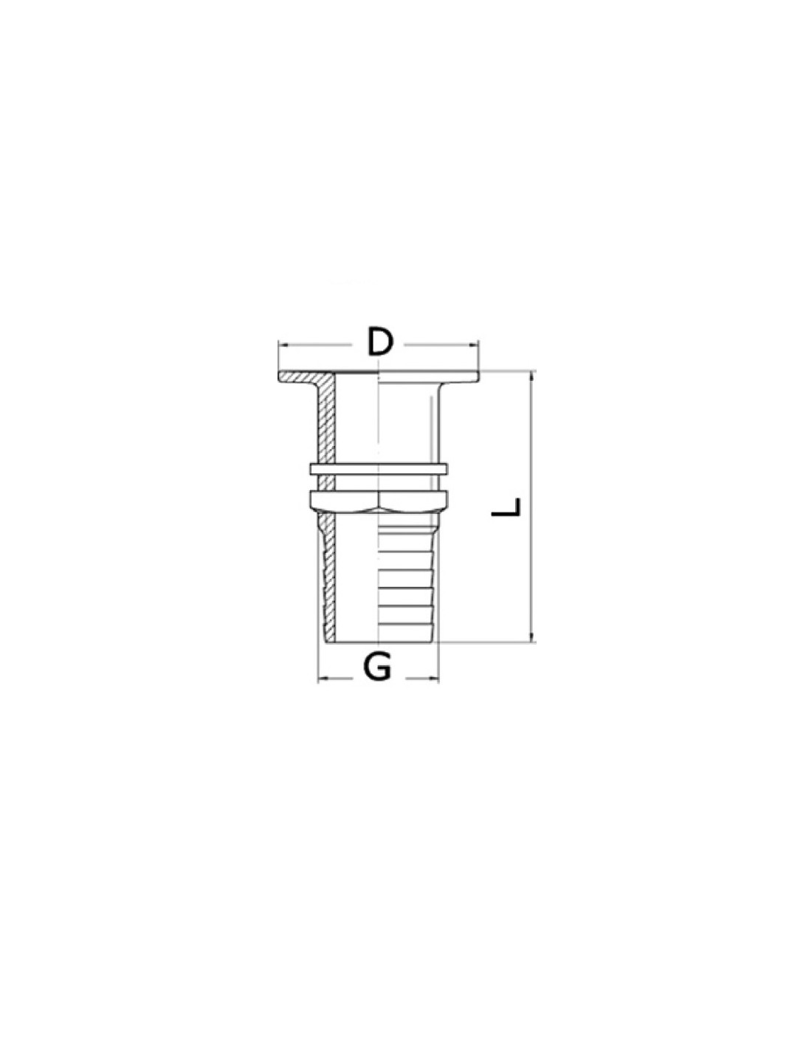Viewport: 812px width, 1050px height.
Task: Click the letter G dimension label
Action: tap(376, 668)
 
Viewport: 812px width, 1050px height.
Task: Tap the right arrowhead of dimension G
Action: tap(433, 679)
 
